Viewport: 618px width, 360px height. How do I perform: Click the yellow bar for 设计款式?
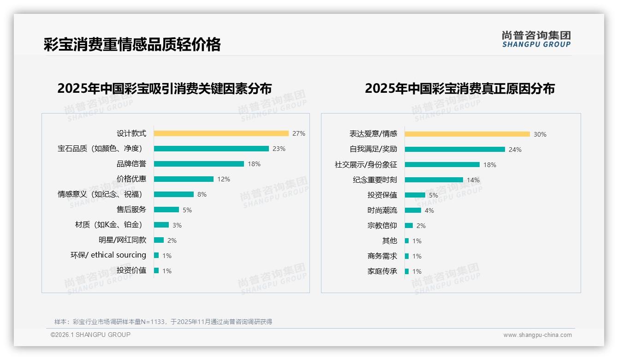click(x=221, y=133)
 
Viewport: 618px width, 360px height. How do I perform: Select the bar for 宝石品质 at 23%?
click(x=211, y=149)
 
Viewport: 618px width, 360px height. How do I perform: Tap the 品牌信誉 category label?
click(x=131, y=164)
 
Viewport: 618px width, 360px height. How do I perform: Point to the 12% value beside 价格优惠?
click(x=224, y=179)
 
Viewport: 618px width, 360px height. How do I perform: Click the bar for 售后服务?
click(x=166, y=210)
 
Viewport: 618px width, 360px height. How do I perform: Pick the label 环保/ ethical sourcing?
click(x=108, y=255)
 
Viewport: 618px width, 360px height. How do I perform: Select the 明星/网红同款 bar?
click(x=159, y=240)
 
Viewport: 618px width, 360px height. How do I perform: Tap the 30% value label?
click(x=540, y=134)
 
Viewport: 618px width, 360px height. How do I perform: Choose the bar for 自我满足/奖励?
click(x=455, y=150)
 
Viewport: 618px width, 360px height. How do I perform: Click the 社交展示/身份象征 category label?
click(x=366, y=165)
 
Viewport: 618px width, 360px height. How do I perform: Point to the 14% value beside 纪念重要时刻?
click(x=473, y=180)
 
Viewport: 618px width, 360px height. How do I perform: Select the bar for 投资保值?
click(x=415, y=195)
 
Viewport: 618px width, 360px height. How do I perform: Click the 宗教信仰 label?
click(x=382, y=226)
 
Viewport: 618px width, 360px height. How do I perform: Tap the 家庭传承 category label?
click(x=382, y=271)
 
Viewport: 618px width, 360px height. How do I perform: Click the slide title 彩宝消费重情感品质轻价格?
click(x=132, y=44)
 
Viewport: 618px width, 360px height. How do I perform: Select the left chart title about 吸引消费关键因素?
click(x=164, y=88)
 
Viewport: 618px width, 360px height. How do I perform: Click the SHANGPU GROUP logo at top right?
click(x=536, y=39)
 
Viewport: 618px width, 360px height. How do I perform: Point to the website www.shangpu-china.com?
click(x=537, y=335)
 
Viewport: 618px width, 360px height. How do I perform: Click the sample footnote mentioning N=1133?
click(x=163, y=322)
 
